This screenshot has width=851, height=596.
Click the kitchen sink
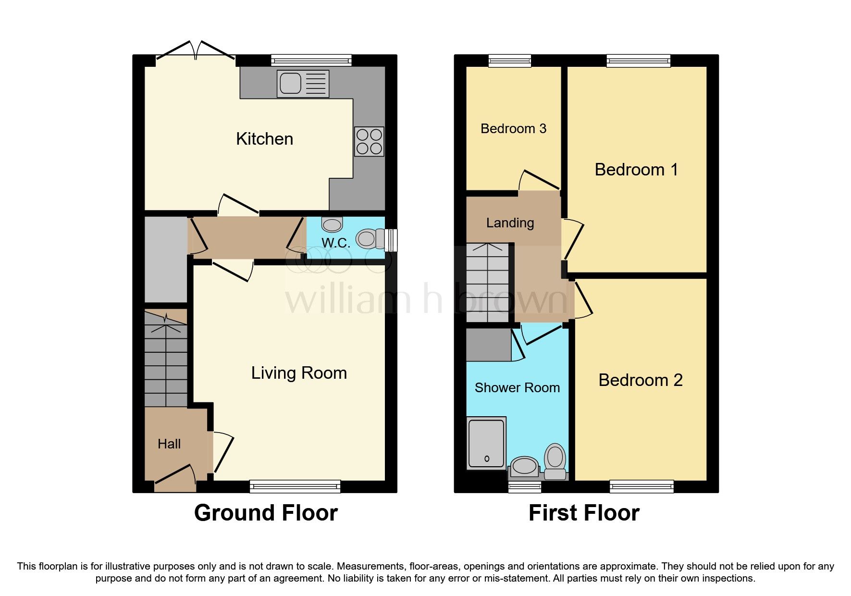pyautogui.click(x=303, y=84)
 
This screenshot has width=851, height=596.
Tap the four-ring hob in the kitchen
pyautogui.click(x=369, y=141)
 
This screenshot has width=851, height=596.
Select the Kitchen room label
pyautogui.click(x=264, y=139)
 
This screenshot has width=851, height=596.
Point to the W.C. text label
pyautogui.click(x=335, y=243)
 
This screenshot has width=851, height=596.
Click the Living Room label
pyautogui.click(x=299, y=373)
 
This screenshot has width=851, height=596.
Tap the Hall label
pyautogui.click(x=169, y=444)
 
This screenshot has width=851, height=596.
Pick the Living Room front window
pyautogui.click(x=295, y=486)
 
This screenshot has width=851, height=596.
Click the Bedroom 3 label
pyautogui.click(x=513, y=129)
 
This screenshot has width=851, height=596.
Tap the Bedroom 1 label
pyautogui.click(x=636, y=170)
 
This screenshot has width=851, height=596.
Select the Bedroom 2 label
pyautogui.click(x=640, y=380)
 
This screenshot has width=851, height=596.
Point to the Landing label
pyautogui.click(x=510, y=223)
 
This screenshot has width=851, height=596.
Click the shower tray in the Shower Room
pyautogui.click(x=486, y=443)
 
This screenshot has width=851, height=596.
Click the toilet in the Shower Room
pyautogui.click(x=555, y=460)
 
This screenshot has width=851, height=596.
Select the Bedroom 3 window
pyautogui.click(x=510, y=60)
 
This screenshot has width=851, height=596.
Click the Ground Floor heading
pyautogui.click(x=266, y=513)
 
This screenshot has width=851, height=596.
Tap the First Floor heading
pyautogui.click(x=584, y=513)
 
